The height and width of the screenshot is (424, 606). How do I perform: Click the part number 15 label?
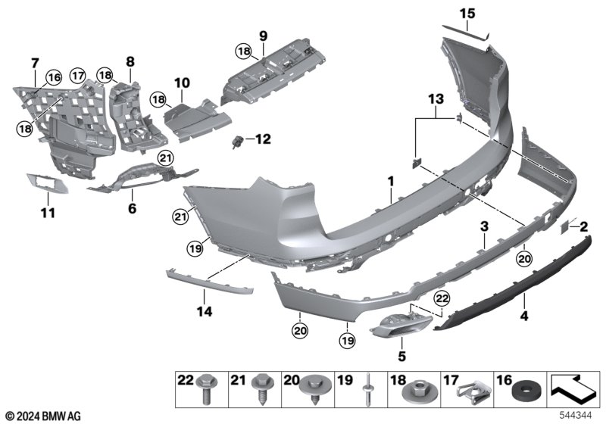tap(467, 14)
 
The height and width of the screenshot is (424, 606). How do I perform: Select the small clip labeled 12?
tap(237, 142)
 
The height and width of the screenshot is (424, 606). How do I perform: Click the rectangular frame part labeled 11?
tap(47, 183)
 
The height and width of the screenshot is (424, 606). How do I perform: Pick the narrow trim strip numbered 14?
tap(210, 282)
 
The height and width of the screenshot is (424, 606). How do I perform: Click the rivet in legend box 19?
tap(367, 389)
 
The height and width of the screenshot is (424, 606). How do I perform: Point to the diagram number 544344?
tap(576, 416)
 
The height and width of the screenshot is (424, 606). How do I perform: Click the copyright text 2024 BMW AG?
tap(44, 416)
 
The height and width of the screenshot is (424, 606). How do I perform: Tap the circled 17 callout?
tap(78, 76)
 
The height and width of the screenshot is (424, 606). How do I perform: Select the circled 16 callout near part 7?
tap(54, 78)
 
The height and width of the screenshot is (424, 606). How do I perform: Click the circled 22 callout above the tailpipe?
tap(442, 298)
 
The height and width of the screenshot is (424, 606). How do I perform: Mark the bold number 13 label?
tap(436, 99)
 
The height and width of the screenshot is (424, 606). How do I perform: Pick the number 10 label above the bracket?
tap(182, 83)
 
